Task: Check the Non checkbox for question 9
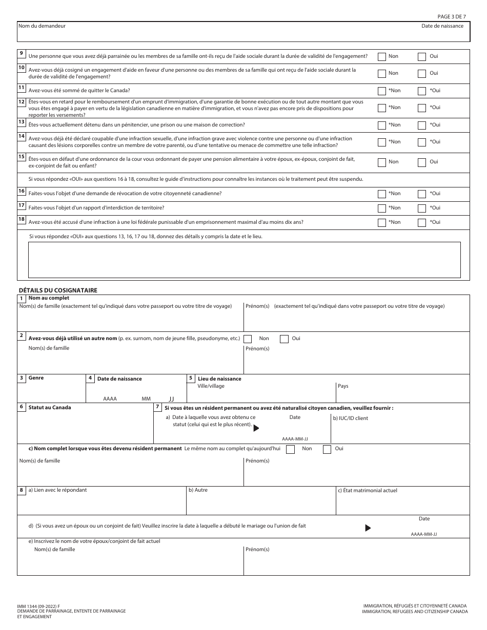(382, 57)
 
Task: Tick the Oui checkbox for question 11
(422, 91)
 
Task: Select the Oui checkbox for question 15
(422, 162)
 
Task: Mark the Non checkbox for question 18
(382, 223)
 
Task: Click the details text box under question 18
(244, 260)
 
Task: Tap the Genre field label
(36, 378)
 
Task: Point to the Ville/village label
(211, 386)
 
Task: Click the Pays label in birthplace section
(343, 386)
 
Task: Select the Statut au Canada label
(50, 408)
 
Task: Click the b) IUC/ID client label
(350, 418)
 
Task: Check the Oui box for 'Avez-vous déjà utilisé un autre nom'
(284, 339)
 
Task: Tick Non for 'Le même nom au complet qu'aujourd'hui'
(291, 449)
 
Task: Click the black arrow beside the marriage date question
(368, 528)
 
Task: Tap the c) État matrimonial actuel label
(367, 491)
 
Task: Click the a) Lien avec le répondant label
(57, 490)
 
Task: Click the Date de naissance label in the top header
(442, 26)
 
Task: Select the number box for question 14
(22, 136)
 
